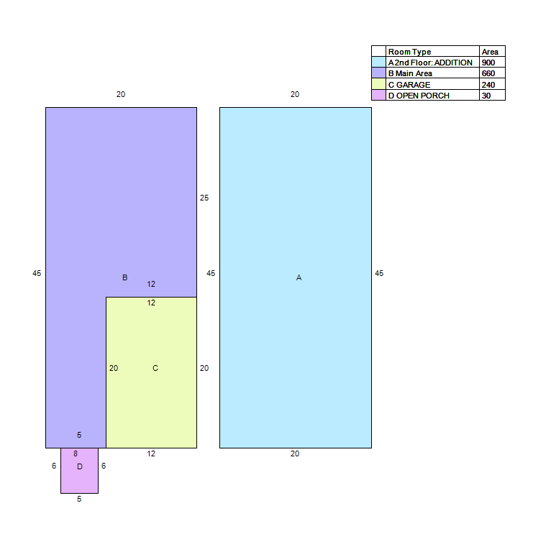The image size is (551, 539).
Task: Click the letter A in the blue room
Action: pyautogui.click(x=299, y=277)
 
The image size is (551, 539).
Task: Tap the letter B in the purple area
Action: pyautogui.click(x=124, y=277)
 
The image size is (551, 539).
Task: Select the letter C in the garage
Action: pyautogui.click(x=155, y=369)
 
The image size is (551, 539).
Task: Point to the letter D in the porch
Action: pyautogui.click(x=80, y=466)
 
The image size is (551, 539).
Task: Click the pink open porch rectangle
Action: pyautogui.click(x=79, y=471)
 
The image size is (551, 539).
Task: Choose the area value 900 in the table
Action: pyautogui.click(x=488, y=63)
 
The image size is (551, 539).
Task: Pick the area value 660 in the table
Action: pyautogui.click(x=488, y=74)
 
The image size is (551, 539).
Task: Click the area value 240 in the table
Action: pyautogui.click(x=488, y=85)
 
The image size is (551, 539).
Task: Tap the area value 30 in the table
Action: pyautogui.click(x=486, y=96)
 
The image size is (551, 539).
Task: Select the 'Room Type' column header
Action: pyautogui.click(x=409, y=52)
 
